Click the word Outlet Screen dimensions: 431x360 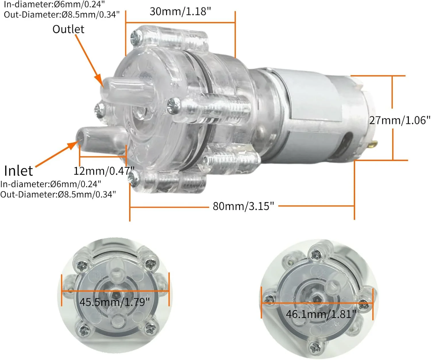click(68, 29)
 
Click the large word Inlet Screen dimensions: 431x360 click(18, 171)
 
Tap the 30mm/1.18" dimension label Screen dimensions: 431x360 click(180, 11)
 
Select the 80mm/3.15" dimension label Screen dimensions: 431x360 click(243, 206)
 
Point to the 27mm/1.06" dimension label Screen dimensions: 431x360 click(400, 120)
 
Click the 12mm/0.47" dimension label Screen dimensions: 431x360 click(104, 171)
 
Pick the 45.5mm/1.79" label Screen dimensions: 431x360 click(115, 302)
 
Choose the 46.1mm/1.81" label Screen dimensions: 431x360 click(321, 314)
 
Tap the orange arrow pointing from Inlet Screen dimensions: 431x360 click(57, 154)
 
